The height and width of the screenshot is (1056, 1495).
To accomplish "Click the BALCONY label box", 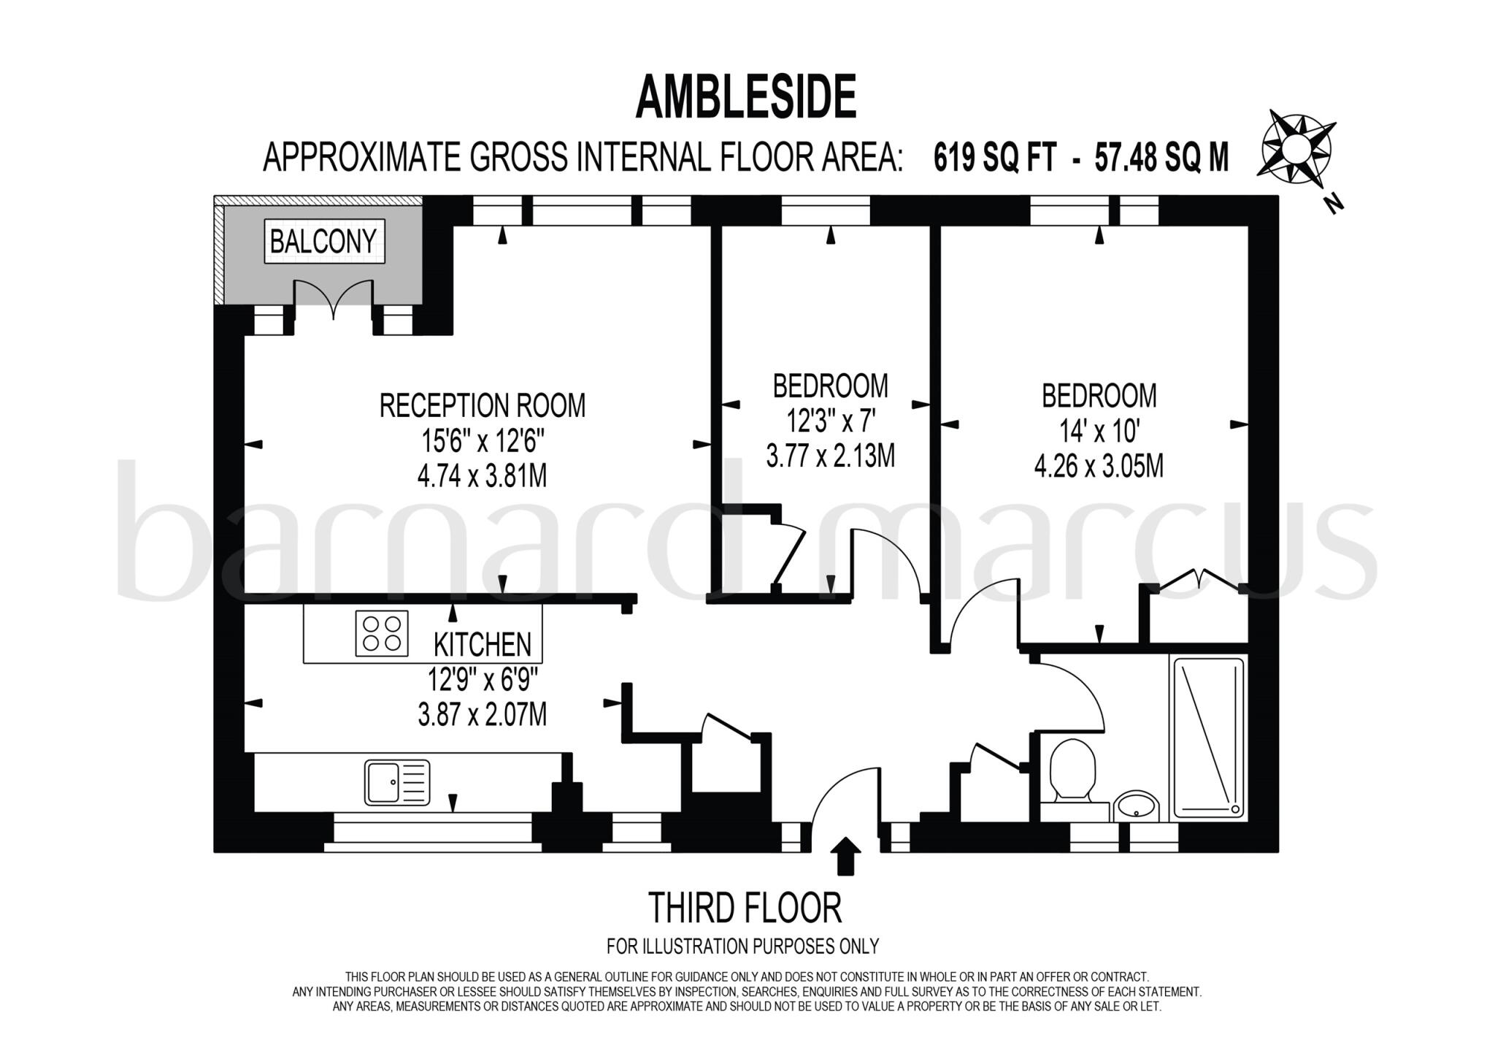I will pyautogui.click(x=323, y=241).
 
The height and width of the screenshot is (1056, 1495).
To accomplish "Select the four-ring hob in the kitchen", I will pyautogui.click(x=382, y=633).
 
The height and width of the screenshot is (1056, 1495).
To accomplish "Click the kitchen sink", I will pyautogui.click(x=397, y=782).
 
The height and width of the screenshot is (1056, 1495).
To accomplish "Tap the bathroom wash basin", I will pyautogui.click(x=1135, y=806).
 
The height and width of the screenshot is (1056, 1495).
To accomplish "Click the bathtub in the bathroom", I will pyautogui.click(x=1208, y=738).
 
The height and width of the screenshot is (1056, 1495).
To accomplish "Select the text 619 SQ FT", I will pyautogui.click(x=995, y=157).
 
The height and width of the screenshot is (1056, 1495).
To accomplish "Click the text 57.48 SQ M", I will pyautogui.click(x=1161, y=157).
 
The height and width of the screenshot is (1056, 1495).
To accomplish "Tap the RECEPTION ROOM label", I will pyautogui.click(x=482, y=406).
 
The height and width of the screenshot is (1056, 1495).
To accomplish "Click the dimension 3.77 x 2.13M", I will pyautogui.click(x=830, y=456).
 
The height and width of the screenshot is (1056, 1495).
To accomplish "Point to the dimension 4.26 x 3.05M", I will pyautogui.click(x=1099, y=466).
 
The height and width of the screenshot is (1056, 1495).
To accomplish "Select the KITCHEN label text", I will pyautogui.click(x=483, y=645).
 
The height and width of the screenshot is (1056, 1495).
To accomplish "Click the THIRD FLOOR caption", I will pyautogui.click(x=745, y=908).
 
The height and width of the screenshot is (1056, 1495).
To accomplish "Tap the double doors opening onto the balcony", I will pyautogui.click(x=334, y=300).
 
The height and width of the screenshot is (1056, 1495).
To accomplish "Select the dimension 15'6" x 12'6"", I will pyautogui.click(x=482, y=441).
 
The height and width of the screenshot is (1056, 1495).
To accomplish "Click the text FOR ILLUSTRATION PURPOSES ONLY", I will pyautogui.click(x=742, y=946).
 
